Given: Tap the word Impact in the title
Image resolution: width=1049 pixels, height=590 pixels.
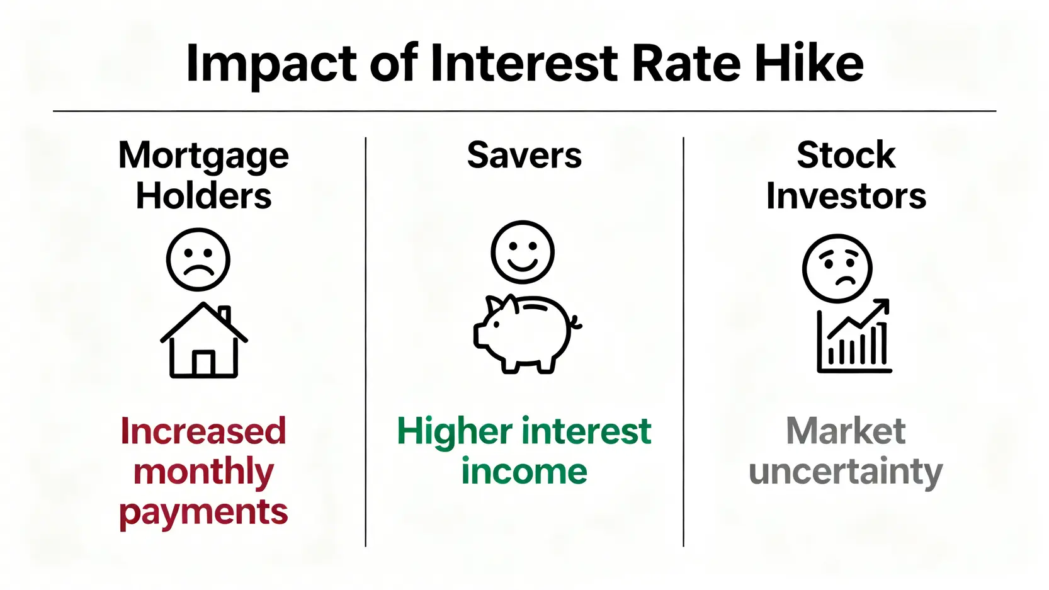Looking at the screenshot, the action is click(271, 65).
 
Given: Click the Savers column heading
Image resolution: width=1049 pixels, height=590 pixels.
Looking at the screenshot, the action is click(524, 155).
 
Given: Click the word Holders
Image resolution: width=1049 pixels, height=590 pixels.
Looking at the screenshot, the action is click(203, 195).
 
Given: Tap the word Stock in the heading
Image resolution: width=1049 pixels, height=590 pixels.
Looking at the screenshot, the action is click(846, 155).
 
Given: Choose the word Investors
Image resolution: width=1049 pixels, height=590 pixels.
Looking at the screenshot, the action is click(846, 195).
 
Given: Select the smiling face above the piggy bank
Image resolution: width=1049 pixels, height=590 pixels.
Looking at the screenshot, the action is click(523, 252).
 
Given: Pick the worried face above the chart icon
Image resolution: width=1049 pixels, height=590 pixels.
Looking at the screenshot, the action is click(837, 268).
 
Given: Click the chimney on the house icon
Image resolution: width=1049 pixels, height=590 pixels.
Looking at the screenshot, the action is click(225, 314).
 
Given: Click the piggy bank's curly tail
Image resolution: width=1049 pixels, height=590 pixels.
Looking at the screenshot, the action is click(576, 322).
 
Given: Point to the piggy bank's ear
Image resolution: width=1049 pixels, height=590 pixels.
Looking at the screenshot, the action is click(496, 305).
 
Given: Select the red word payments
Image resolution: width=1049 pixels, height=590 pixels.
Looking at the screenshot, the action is click(203, 513).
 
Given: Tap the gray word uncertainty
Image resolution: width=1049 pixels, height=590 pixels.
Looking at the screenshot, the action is click(846, 472).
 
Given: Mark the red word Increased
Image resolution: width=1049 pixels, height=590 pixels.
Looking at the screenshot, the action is click(203, 431).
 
